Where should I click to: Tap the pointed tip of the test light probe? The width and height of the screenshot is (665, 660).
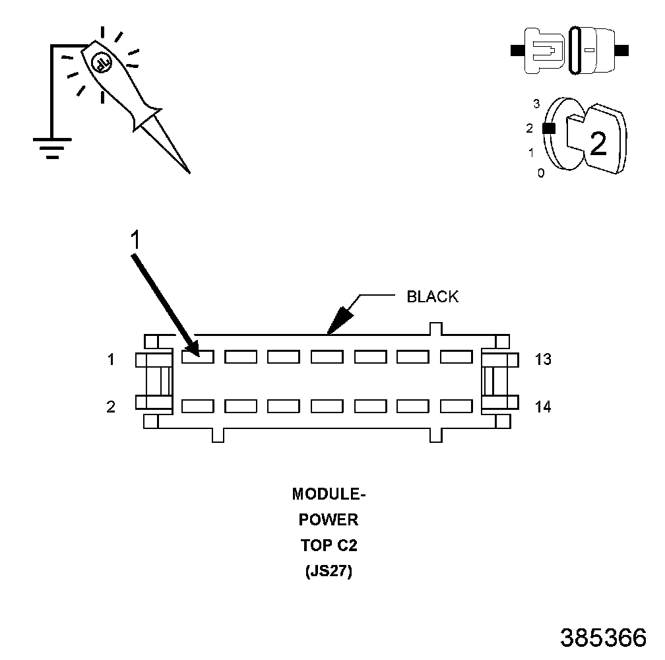(x=189, y=172)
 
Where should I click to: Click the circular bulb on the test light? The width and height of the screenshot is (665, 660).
(x=102, y=63)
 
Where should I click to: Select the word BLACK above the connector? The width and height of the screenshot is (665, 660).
(x=432, y=297)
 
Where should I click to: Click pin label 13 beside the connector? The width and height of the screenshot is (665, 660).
(x=543, y=360)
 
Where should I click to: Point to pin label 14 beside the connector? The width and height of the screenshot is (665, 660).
(x=543, y=407)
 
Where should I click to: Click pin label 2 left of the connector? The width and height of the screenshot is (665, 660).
(x=111, y=407)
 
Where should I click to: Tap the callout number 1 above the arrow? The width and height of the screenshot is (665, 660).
(x=134, y=241)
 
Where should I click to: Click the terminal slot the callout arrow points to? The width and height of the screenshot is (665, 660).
(x=197, y=357)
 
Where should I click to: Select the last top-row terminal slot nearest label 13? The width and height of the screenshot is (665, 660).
(x=457, y=357)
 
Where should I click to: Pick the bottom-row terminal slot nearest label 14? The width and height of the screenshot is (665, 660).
(x=457, y=407)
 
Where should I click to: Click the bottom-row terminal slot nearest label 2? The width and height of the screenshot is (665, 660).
(x=197, y=407)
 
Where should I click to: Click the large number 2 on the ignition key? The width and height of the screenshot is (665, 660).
(x=598, y=144)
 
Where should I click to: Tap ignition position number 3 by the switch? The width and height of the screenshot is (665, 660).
(x=536, y=104)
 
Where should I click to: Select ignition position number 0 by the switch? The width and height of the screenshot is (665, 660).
(x=541, y=173)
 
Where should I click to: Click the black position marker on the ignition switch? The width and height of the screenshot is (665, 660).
(x=546, y=129)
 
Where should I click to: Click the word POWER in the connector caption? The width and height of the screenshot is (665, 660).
(x=328, y=520)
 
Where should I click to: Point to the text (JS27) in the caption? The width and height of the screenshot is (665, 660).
(x=328, y=572)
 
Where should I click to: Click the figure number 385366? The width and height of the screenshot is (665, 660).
(x=603, y=637)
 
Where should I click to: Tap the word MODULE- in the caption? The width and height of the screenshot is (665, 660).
(x=328, y=494)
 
